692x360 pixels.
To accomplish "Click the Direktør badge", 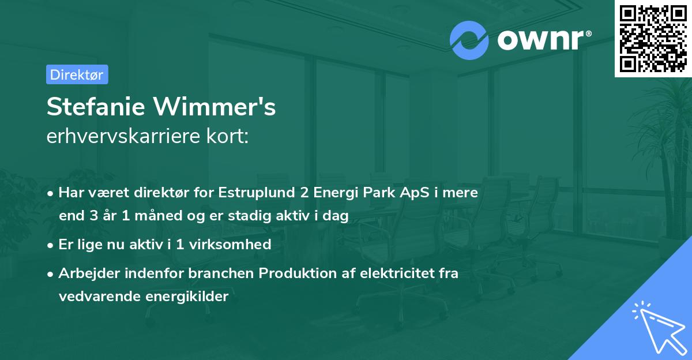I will (x=77, y=74).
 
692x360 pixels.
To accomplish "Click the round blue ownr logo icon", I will (x=469, y=40).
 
